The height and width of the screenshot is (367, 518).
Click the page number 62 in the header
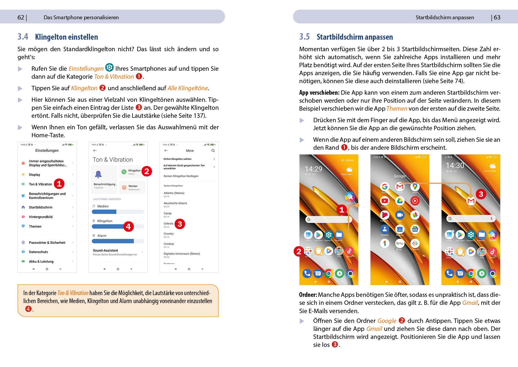tap(21, 17)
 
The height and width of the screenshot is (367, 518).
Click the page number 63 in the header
tap(497, 17)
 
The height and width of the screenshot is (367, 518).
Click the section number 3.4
tap(23, 37)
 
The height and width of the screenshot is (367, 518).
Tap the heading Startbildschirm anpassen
tap(354, 37)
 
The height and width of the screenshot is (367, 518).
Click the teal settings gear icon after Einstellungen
tap(109, 67)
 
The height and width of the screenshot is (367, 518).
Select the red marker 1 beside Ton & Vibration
tap(59, 184)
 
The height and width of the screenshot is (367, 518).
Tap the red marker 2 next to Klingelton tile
tap(146, 171)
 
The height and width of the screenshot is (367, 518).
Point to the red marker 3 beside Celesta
tap(180, 224)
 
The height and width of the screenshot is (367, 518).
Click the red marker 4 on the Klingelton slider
tap(128, 226)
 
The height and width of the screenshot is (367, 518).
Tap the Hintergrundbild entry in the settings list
tap(41, 217)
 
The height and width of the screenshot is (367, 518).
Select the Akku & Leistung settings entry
tap(41, 262)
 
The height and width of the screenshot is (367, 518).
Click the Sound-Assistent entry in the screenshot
tap(105, 250)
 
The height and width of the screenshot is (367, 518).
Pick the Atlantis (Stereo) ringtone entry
tap(174, 193)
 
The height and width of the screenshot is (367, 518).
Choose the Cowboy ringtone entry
tap(169, 244)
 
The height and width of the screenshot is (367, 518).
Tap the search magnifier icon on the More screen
tap(213, 151)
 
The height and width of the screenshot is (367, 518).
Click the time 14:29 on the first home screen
tap(313, 169)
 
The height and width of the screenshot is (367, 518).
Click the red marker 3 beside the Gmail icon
tap(481, 194)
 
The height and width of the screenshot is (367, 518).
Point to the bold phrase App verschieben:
tap(319, 93)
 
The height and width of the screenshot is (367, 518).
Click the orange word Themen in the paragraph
tap(397, 109)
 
